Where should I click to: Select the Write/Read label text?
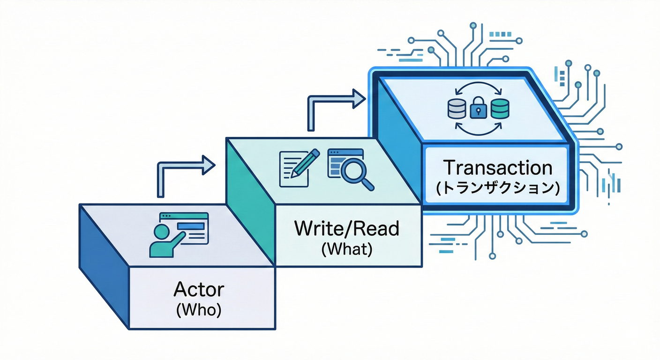[346, 228]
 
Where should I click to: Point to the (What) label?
[347, 249]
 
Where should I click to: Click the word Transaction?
[497, 168]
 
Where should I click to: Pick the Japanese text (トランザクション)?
[498, 188]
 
